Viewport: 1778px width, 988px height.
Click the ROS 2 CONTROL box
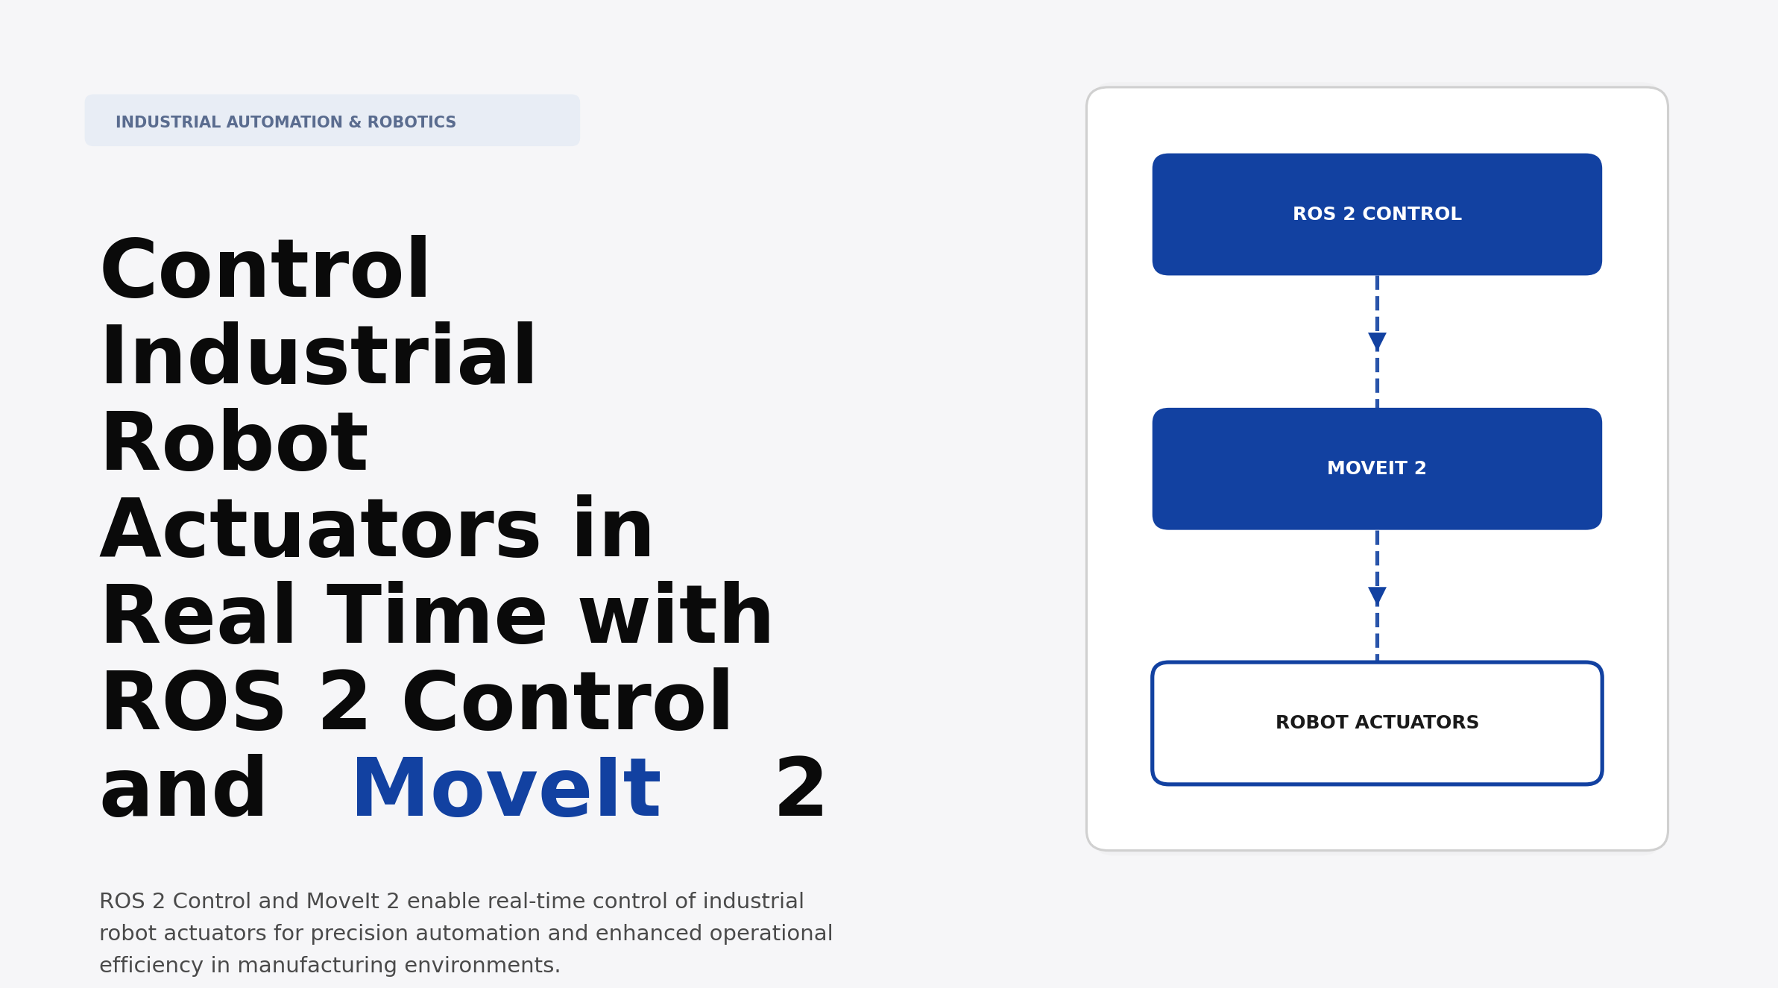(x=1376, y=215)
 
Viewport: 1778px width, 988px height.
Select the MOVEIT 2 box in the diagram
(x=1376, y=469)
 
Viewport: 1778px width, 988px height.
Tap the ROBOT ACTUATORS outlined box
(x=1376, y=723)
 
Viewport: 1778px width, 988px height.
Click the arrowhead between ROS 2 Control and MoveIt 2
(x=1377, y=342)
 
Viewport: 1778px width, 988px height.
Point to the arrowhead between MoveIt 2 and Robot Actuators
(x=1377, y=596)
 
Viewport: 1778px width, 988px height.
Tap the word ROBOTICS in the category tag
(x=412, y=122)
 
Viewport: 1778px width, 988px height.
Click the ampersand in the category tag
(x=354, y=122)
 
